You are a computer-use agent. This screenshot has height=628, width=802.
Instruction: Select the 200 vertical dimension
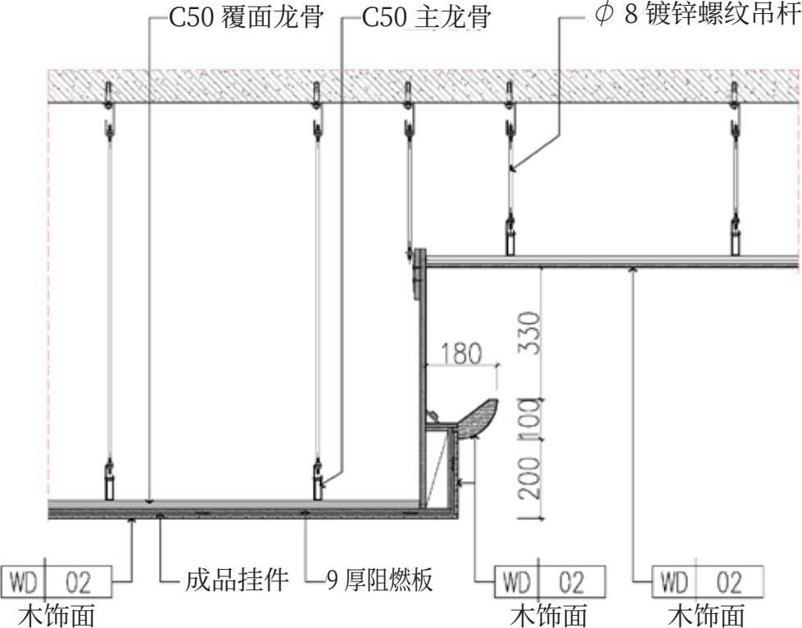pyautogui.click(x=530, y=479)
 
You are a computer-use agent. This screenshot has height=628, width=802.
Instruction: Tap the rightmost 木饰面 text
pyautogui.click(x=706, y=614)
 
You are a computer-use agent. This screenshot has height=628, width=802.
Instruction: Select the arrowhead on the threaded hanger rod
pyautogui.click(x=511, y=168)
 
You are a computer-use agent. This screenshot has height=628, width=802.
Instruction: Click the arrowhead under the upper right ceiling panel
pyautogui.click(x=633, y=268)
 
